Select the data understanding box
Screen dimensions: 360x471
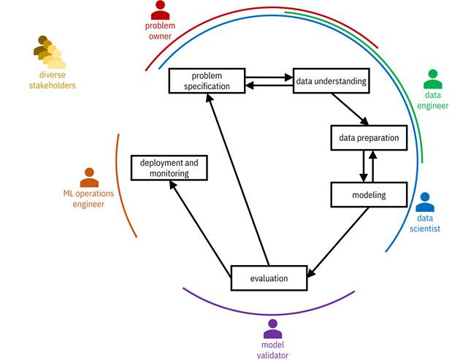pos(330,80)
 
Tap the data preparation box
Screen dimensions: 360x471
pos(368,137)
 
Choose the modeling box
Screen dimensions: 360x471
pos(368,195)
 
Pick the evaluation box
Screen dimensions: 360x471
pos(269,277)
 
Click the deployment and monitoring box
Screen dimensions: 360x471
pos(169,168)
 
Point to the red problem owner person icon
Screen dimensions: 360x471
pos(160,10)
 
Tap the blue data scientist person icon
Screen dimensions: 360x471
pos(425,202)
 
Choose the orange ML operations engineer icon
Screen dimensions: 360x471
pos(89,177)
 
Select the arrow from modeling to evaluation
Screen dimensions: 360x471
pos(343,241)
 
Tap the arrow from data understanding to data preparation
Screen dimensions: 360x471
pos(349,109)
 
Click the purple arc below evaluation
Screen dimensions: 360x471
pos(268,313)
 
